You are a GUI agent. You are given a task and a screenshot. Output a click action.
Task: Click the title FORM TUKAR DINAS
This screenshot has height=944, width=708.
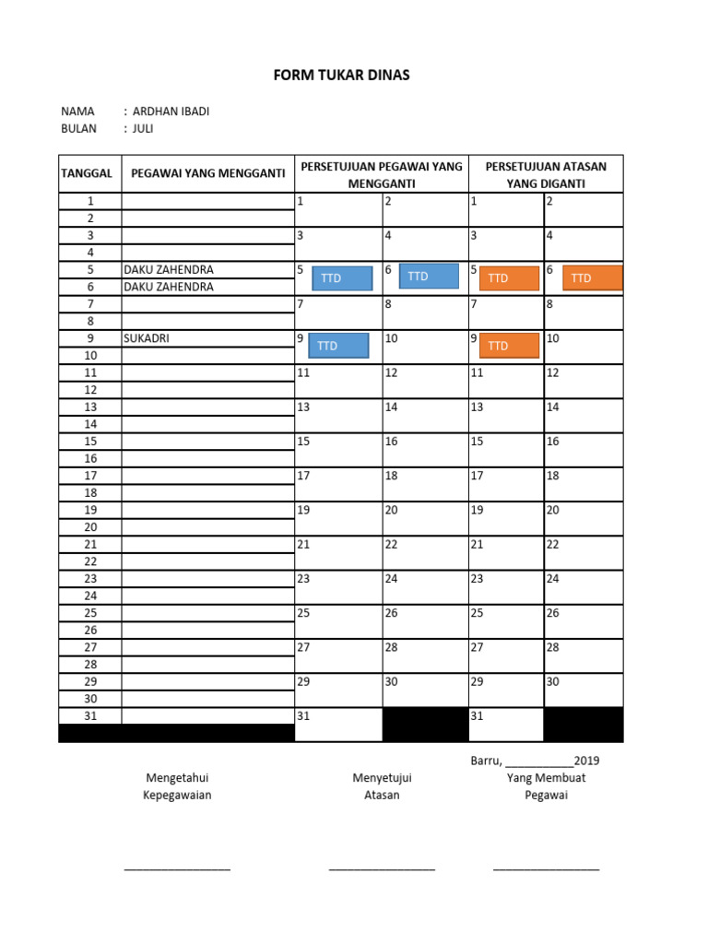click(341, 76)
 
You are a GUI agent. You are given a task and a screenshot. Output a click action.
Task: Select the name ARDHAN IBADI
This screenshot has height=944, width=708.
click(171, 112)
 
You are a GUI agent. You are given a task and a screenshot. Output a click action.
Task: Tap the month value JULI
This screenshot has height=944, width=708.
click(143, 129)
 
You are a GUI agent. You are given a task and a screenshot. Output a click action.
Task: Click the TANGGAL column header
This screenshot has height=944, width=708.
click(87, 173)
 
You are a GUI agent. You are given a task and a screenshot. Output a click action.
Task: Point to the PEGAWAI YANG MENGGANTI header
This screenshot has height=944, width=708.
click(208, 173)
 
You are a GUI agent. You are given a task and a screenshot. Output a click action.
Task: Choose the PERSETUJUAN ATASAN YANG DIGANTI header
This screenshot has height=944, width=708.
click(547, 174)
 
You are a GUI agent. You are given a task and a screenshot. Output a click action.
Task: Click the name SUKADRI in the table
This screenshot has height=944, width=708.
click(147, 338)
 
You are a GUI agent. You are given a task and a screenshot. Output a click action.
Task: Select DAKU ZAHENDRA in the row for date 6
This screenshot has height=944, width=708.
click(168, 287)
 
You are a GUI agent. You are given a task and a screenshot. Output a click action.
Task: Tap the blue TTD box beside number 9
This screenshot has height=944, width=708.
click(338, 346)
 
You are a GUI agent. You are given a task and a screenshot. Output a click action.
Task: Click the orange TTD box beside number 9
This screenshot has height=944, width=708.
click(509, 346)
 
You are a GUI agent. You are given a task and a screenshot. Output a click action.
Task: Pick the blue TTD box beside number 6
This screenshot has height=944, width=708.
click(428, 277)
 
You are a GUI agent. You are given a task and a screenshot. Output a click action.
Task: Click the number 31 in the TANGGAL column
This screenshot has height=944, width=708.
click(90, 716)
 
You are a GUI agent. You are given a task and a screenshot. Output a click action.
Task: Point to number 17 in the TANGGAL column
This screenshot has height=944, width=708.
click(90, 476)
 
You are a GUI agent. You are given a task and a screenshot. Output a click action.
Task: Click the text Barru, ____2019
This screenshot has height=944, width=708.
click(535, 761)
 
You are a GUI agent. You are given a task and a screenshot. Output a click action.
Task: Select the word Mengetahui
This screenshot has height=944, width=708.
click(176, 778)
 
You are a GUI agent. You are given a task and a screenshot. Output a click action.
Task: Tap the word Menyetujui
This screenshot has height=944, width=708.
click(382, 778)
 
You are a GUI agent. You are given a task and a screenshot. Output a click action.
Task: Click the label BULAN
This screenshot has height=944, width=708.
click(79, 129)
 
